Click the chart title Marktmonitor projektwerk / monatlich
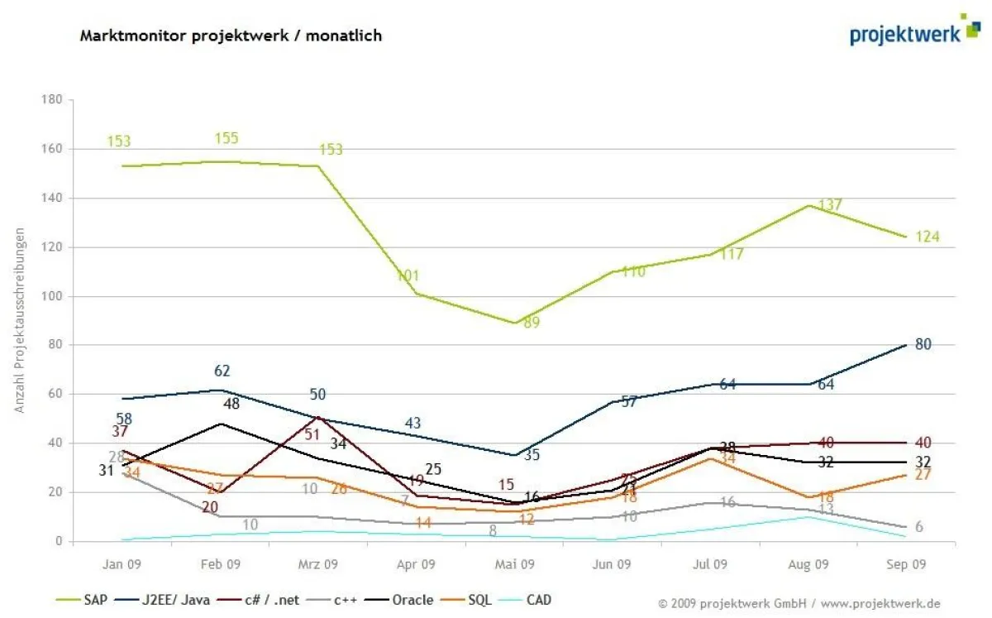point(231,36)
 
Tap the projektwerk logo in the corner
point(913,31)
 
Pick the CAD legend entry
point(539,600)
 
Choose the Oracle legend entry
point(413,600)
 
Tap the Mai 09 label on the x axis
point(514,565)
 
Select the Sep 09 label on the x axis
point(907,565)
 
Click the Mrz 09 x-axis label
point(317,565)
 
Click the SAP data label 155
point(226,139)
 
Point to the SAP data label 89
point(531,323)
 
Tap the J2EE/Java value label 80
point(923,344)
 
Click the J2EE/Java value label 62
point(222,371)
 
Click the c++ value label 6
point(918,528)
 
